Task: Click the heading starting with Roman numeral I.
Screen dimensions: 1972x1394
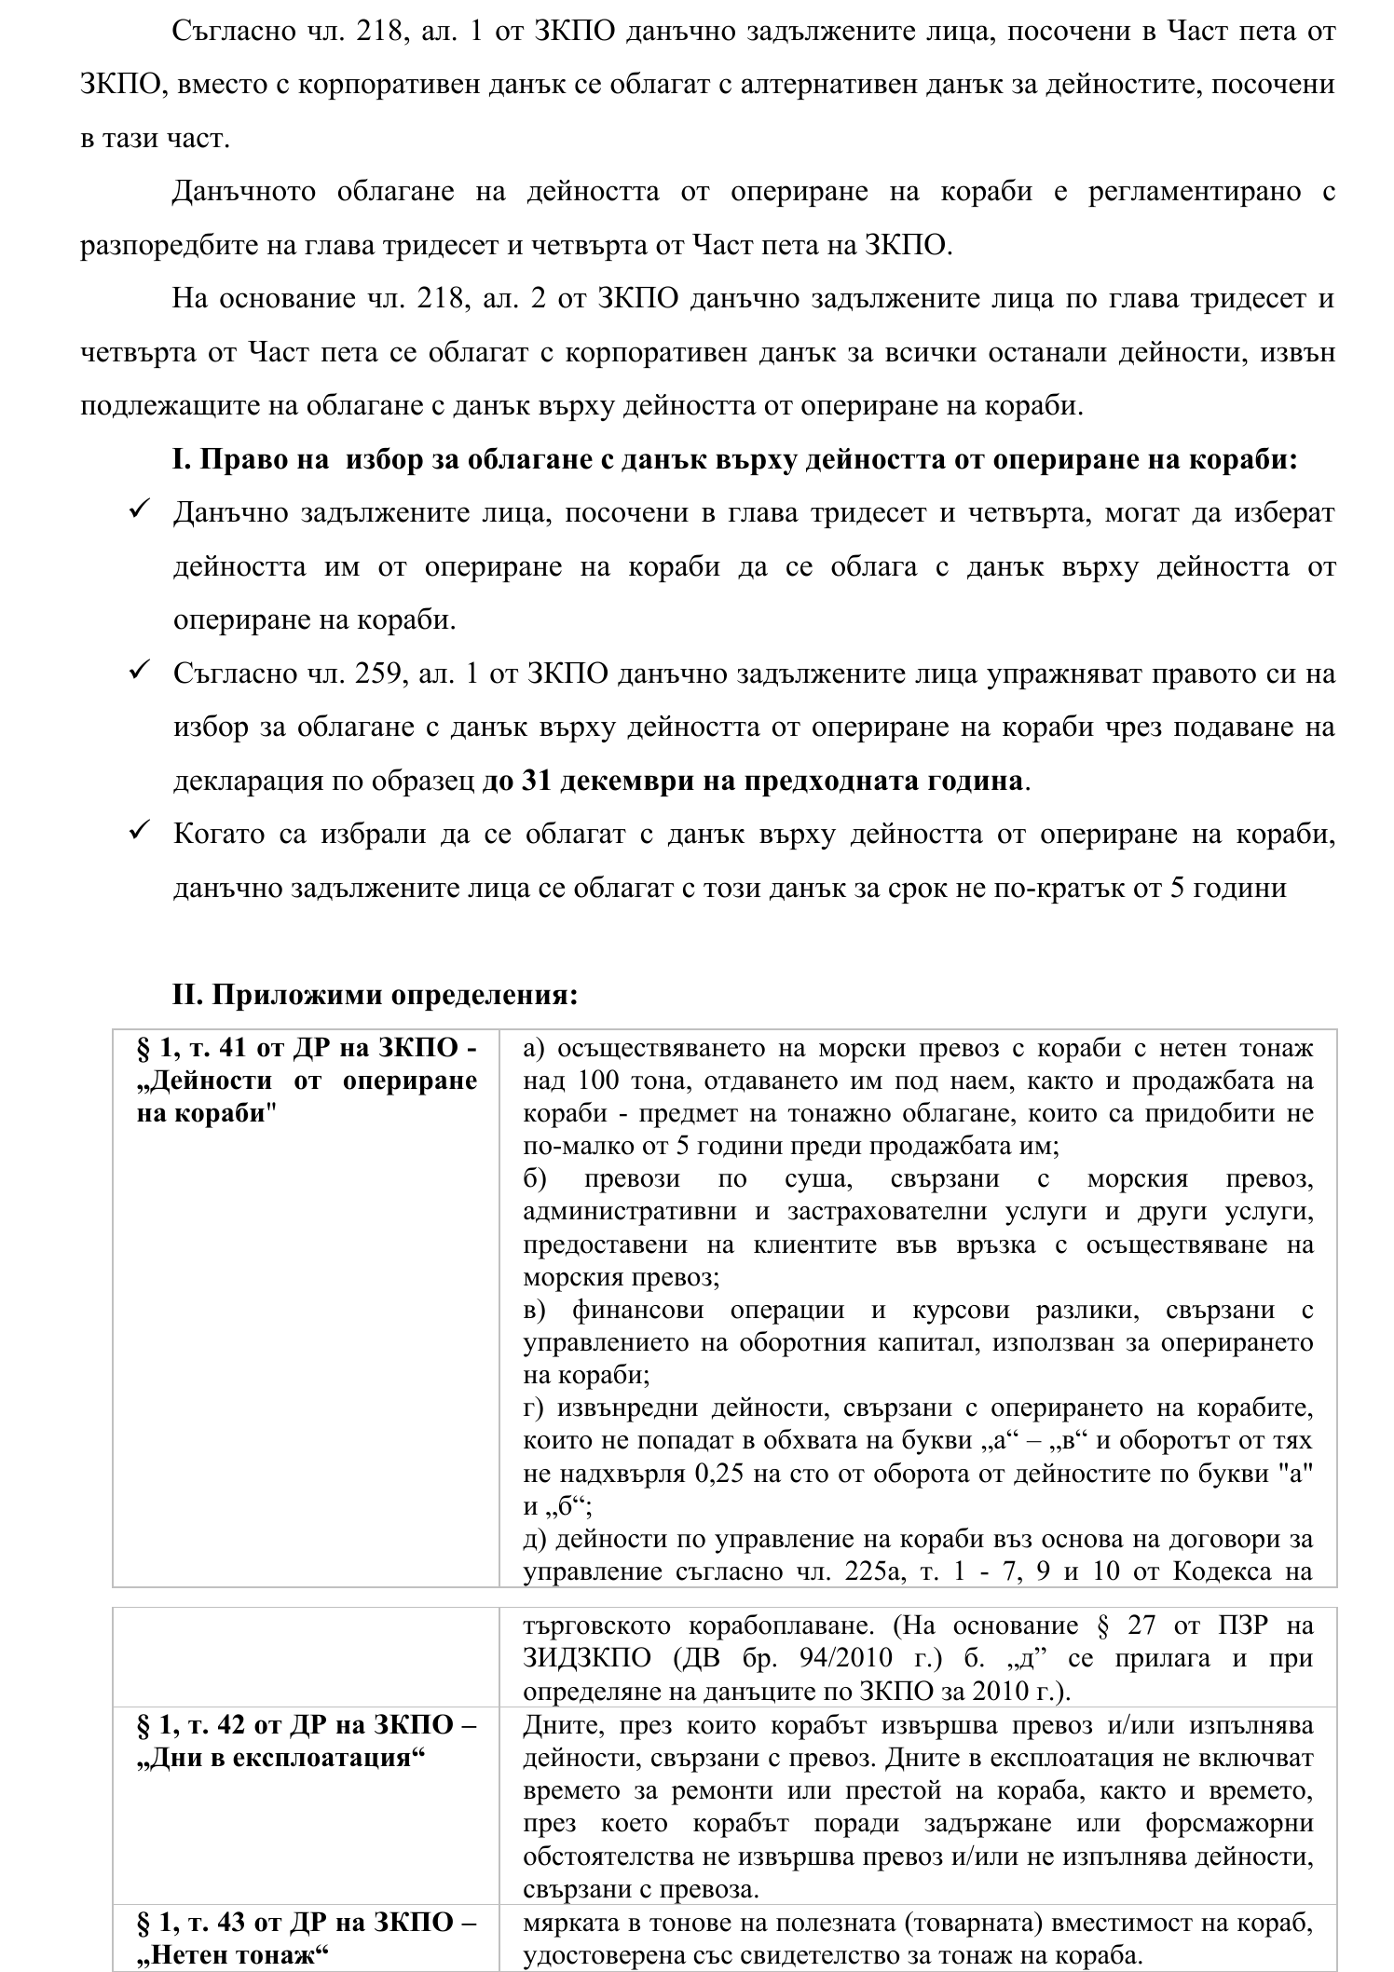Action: pyautogui.click(x=734, y=460)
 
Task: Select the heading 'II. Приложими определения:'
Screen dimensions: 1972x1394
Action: pyautogui.click(x=376, y=995)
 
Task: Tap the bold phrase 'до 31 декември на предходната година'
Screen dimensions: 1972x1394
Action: pyautogui.click(x=752, y=780)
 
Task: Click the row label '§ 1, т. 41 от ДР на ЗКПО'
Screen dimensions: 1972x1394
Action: pyautogui.click(x=307, y=1048)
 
